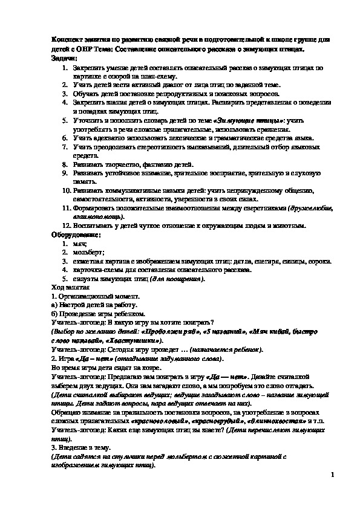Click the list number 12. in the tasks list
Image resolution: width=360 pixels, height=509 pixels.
tap(68, 225)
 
